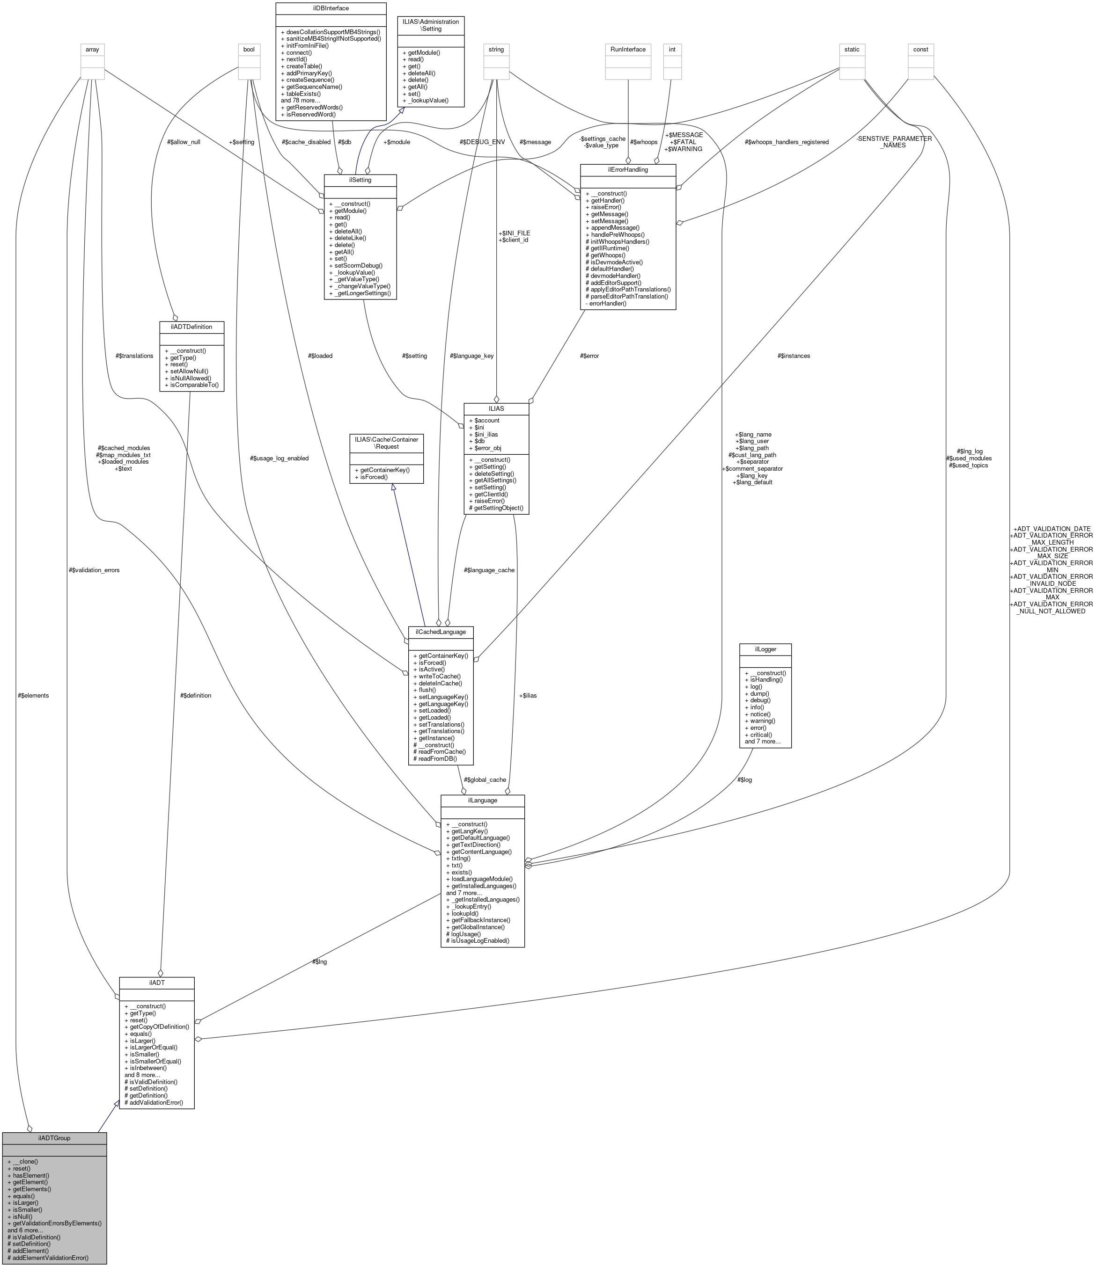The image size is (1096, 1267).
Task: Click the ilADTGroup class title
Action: tap(54, 1138)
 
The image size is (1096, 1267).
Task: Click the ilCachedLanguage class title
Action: tap(441, 632)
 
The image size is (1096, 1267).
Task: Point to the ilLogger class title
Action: tap(765, 649)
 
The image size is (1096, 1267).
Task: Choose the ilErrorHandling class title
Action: tap(627, 170)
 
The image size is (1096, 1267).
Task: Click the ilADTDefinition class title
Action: tap(191, 327)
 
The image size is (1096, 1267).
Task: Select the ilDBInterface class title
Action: tap(331, 8)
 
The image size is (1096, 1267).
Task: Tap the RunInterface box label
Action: tap(628, 50)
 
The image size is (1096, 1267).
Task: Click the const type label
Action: tap(920, 50)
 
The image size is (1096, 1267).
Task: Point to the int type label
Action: tap(672, 50)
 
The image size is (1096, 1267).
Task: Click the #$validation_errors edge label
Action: tap(94, 570)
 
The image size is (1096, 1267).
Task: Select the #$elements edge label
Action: tap(34, 695)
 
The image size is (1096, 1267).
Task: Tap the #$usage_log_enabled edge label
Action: tap(279, 459)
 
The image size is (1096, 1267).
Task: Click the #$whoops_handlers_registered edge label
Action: tap(787, 142)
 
